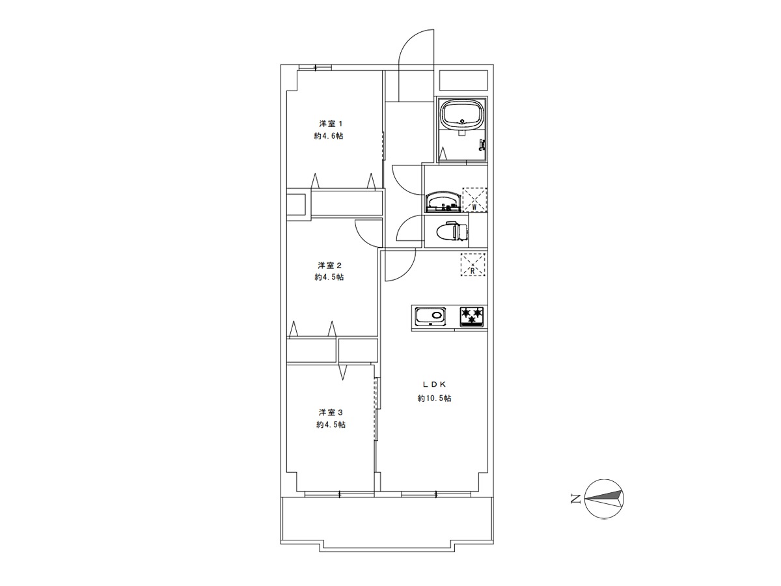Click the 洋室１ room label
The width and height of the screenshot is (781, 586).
pos(331,124)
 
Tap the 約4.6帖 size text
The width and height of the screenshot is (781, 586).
pos(329,136)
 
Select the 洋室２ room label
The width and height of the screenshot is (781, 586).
pos(330,265)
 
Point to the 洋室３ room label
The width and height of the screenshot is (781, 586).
pos(331,412)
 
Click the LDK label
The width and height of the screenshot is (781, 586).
pos(434,384)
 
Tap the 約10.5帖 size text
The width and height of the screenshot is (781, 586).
pos(434,398)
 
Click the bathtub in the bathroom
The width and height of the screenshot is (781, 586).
pos(462,114)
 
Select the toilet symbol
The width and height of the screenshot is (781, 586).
pos(452,231)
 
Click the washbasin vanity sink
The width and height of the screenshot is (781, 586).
pos(443,202)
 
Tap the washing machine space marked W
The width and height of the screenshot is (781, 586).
pos(474,200)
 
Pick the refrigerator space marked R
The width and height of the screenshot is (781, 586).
pos(473,265)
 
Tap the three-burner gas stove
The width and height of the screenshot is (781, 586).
pos(473,316)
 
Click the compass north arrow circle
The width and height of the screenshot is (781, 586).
pos(604,499)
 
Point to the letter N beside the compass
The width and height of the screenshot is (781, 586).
pos(576,499)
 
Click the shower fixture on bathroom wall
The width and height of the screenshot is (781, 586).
pos(482,144)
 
